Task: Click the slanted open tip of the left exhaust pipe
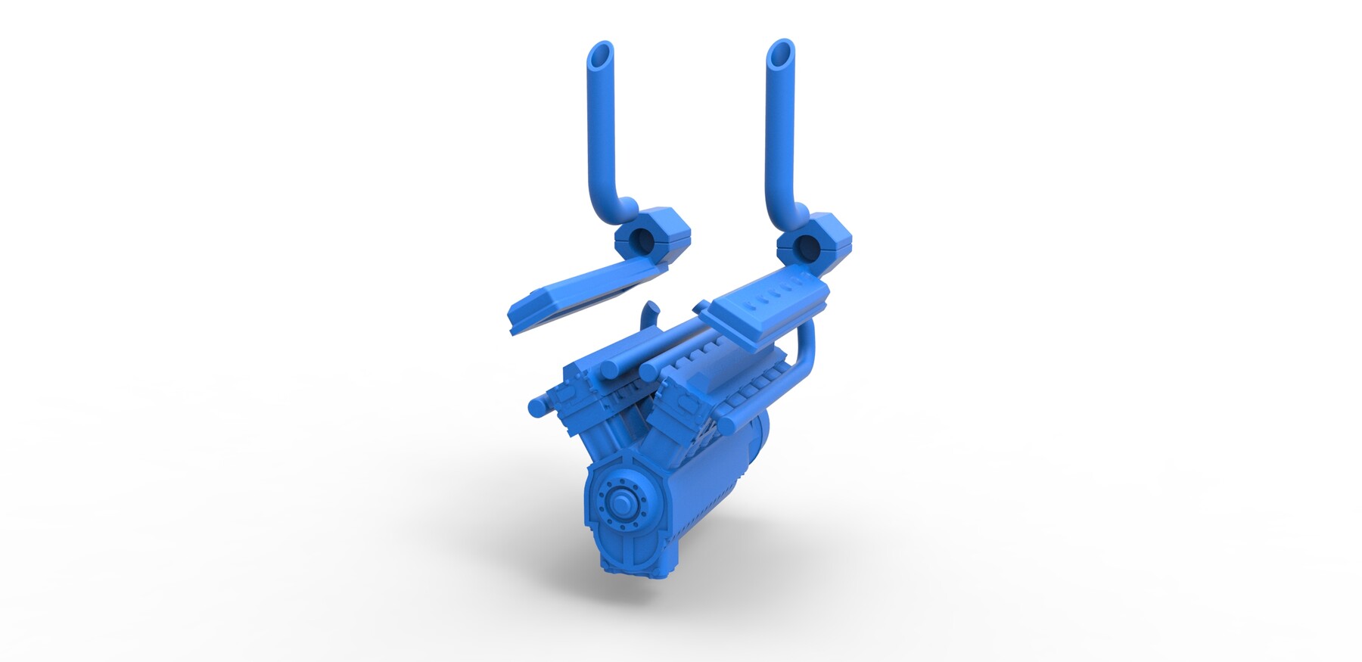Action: (x=601, y=54)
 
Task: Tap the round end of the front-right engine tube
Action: (x=648, y=371)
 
